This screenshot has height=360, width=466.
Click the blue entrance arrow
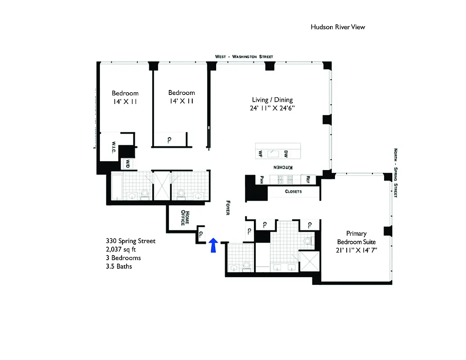pyautogui.click(x=214, y=245)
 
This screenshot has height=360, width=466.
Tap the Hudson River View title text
pyautogui.click(x=338, y=27)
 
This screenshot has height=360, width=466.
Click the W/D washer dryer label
pyautogui.click(x=127, y=164)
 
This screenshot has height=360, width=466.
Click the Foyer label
pyautogui.click(x=228, y=207)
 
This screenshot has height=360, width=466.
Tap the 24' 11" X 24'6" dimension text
pyautogui.click(x=272, y=108)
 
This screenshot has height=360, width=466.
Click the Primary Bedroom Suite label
pyautogui.click(x=356, y=238)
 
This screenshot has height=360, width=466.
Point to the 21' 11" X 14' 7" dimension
pyautogui.click(x=356, y=250)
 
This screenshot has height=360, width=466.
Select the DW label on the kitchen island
pyautogui.click(x=286, y=153)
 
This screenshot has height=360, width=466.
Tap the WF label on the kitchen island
pyautogui.click(x=260, y=153)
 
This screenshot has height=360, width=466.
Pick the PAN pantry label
pyautogui.click(x=261, y=179)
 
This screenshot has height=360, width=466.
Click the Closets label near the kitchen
pyautogui.click(x=294, y=191)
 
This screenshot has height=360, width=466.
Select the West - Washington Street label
pyautogui.click(x=244, y=57)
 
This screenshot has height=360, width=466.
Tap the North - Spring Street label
pyautogui.click(x=395, y=173)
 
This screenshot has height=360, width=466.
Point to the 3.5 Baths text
pyautogui.click(x=119, y=266)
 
